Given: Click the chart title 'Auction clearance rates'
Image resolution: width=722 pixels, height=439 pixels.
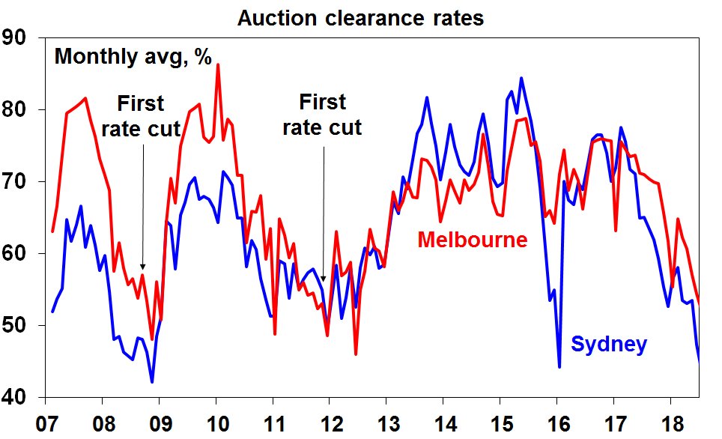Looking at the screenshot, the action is point(360,19).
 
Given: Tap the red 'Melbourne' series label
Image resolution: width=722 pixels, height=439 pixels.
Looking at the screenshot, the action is point(473,240).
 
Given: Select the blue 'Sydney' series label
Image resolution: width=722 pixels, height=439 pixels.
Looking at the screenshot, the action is point(609,345).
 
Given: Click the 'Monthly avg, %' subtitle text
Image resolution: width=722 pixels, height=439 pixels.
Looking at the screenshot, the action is point(133,57).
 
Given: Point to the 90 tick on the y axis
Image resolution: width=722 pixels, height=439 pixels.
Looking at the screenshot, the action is point(14,37).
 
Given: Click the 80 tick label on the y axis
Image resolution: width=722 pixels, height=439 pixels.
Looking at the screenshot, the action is point(14,109).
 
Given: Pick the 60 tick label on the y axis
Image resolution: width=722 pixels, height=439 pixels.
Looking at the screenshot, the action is point(14,253).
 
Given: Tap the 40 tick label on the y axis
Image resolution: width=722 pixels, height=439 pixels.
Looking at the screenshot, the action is point(14,397).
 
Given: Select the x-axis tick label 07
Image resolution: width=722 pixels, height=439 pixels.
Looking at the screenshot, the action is point(46,423).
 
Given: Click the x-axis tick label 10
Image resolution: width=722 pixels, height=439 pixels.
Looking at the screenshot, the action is point(217,423).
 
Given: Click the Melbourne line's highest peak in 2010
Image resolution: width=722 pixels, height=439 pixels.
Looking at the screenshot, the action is point(218,64).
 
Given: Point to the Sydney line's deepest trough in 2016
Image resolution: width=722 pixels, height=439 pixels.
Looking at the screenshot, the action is point(559,367).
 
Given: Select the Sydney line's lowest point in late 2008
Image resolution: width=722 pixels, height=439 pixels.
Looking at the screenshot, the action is point(152,382).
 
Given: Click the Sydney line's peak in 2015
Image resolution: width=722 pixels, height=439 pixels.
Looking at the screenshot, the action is point(521,78).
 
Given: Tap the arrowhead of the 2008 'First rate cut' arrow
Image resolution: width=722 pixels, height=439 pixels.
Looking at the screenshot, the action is point(143,267).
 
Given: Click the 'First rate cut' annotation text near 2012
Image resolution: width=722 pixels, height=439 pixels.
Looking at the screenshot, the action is point(322,115).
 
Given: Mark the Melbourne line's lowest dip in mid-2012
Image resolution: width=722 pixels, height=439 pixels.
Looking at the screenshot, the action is point(356,354).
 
